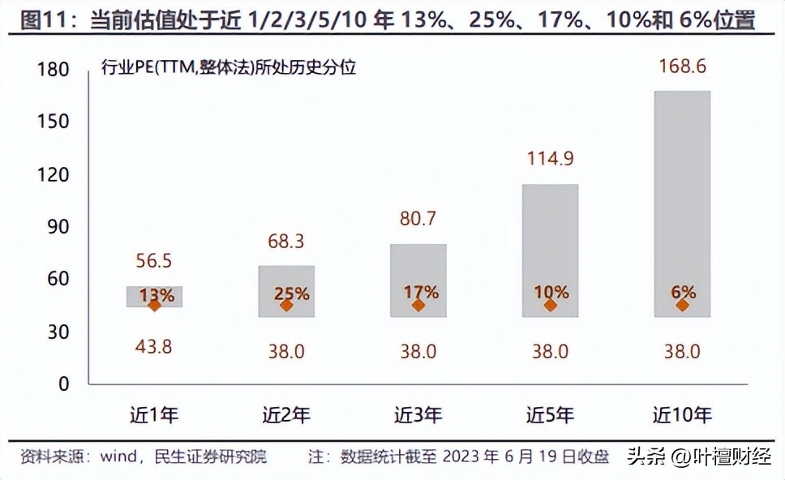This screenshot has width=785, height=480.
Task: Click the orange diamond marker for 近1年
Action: point(154,305)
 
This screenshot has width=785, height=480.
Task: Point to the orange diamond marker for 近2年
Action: point(286,305)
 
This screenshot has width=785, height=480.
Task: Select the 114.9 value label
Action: point(550,159)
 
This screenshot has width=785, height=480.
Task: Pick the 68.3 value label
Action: point(286,242)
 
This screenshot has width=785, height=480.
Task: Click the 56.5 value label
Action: point(154,262)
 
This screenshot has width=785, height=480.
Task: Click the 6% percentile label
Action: point(682,292)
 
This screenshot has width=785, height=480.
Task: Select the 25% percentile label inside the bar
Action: point(291,294)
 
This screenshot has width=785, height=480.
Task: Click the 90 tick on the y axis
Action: point(58,227)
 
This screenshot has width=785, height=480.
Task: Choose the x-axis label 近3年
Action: point(418,416)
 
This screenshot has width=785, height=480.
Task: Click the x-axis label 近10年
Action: point(682,416)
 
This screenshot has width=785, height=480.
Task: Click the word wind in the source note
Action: point(118,456)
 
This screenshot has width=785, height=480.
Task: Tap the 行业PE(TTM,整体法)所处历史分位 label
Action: point(229,68)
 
